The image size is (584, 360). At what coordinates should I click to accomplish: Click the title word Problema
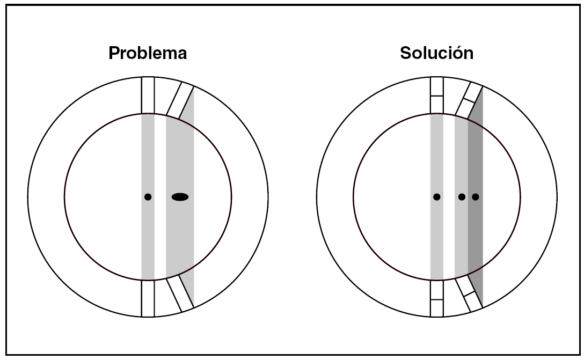(148, 54)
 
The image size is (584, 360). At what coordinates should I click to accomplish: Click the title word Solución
(436, 54)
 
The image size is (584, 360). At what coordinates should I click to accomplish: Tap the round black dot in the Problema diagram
(148, 197)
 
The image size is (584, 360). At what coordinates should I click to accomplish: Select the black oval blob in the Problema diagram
(180, 197)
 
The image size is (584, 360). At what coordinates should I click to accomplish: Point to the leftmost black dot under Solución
(437, 197)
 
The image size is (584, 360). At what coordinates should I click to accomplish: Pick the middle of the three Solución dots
(462, 197)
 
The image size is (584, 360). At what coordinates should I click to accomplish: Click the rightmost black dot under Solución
(475, 197)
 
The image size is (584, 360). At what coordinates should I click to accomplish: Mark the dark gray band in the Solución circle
(476, 161)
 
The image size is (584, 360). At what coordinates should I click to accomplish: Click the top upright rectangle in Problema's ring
(148, 95)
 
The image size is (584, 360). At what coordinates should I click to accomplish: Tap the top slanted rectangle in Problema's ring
(180, 100)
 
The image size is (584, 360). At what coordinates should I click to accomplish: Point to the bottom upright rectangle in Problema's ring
(148, 298)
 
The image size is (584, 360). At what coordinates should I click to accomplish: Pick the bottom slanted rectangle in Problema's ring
(180, 294)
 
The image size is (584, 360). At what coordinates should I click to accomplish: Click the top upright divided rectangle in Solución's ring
(437, 95)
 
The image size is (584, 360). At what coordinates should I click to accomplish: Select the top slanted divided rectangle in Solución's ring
(469, 100)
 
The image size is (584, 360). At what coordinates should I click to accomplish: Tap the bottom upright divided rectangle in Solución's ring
(437, 298)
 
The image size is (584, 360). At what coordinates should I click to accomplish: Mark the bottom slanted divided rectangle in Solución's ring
(469, 295)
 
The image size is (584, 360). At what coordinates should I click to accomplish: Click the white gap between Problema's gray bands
(160, 161)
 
